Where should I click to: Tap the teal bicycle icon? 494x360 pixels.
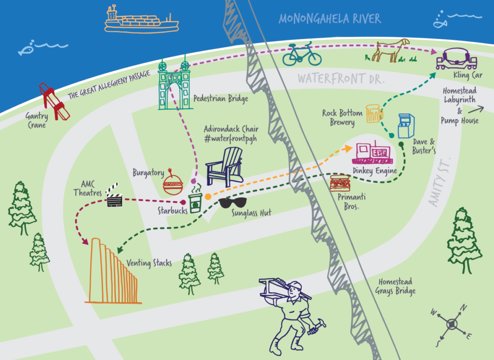(x=302, y=54)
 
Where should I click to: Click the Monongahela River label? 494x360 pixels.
(x=329, y=19)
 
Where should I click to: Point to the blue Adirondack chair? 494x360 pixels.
(x=224, y=166)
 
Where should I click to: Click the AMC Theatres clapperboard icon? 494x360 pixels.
(x=114, y=194)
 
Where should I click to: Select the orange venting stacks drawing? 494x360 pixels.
(x=113, y=274)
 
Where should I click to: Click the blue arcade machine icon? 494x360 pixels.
(x=405, y=126)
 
